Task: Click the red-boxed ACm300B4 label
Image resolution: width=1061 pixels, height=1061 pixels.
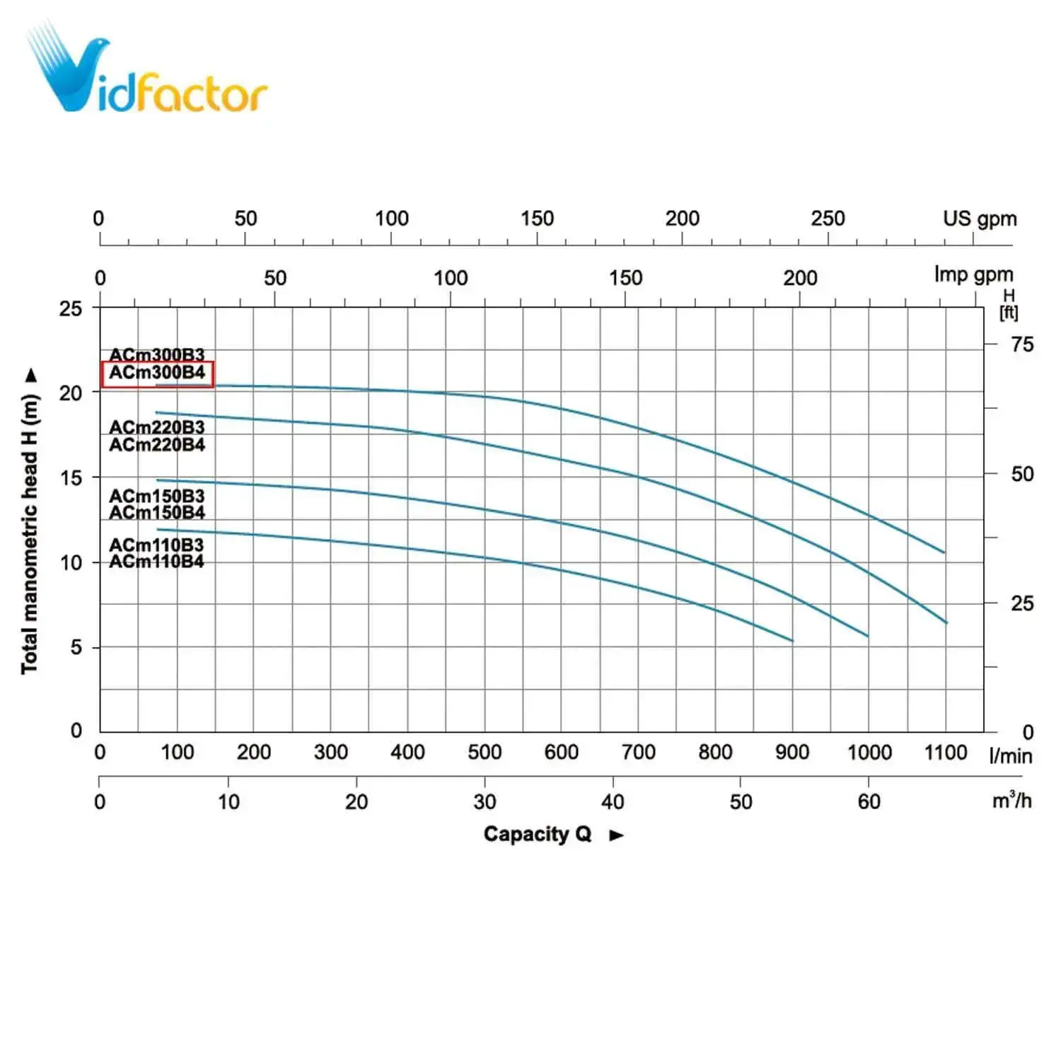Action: pyautogui.click(x=157, y=373)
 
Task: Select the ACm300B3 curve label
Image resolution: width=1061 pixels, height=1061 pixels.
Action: pyautogui.click(x=157, y=354)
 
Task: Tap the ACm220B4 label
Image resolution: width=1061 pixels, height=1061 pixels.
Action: pyautogui.click(x=157, y=445)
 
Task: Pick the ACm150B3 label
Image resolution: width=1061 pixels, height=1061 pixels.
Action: pyautogui.click(x=157, y=496)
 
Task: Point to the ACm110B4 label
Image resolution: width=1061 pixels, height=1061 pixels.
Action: pyautogui.click(x=157, y=562)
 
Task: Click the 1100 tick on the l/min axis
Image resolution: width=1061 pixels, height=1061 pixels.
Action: pyautogui.click(x=945, y=752)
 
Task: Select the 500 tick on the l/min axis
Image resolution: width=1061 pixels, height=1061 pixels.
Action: pyautogui.click(x=485, y=752)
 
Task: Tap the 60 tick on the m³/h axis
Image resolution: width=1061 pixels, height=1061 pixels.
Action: pyautogui.click(x=869, y=801)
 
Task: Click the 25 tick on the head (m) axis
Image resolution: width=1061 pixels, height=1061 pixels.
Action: pyautogui.click(x=71, y=308)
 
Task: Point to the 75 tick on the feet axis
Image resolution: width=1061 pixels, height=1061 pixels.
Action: pyautogui.click(x=1022, y=344)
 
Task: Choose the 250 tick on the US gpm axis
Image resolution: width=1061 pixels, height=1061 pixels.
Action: pyautogui.click(x=828, y=219)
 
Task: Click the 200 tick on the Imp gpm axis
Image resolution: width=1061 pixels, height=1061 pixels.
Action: pyautogui.click(x=800, y=278)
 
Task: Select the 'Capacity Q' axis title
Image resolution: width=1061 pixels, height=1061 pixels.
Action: pyautogui.click(x=538, y=834)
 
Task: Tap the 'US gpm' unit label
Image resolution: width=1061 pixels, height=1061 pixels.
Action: pyautogui.click(x=980, y=219)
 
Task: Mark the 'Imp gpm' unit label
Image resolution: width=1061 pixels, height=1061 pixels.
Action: pyautogui.click(x=973, y=274)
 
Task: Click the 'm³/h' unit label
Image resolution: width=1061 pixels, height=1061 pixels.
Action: pyautogui.click(x=1011, y=800)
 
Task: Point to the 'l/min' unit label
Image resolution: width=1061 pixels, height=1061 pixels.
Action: pyautogui.click(x=1010, y=755)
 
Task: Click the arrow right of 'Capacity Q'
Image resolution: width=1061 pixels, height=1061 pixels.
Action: pyautogui.click(x=616, y=835)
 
